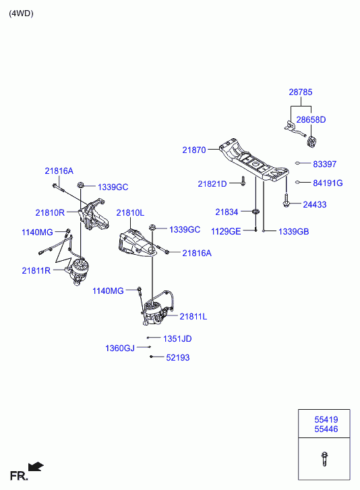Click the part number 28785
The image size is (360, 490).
coord(300,92)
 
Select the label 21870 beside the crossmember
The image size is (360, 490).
coord(194,150)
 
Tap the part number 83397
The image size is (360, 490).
coord(325,164)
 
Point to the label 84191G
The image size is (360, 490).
coord(328,183)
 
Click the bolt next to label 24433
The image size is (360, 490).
coord(286,201)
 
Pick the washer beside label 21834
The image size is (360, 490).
coord(256,212)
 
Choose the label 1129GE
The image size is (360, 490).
coord(226,231)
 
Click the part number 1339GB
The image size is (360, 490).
coord(293,232)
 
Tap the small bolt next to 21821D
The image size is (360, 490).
coord(243,181)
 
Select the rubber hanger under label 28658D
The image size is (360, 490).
coord(311,142)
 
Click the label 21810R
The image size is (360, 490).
coord(50,212)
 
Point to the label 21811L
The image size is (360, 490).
coord(193,317)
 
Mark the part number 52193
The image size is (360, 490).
coord(178,357)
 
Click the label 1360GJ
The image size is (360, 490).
coord(120,348)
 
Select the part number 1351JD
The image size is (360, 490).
coord(177,339)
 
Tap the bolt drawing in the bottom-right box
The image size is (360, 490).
coord(324,459)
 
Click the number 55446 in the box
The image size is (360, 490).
coord(326,429)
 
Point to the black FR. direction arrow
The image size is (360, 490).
coord(35,466)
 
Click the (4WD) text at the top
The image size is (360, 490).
coord(21,13)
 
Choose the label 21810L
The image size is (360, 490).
coord(130,213)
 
